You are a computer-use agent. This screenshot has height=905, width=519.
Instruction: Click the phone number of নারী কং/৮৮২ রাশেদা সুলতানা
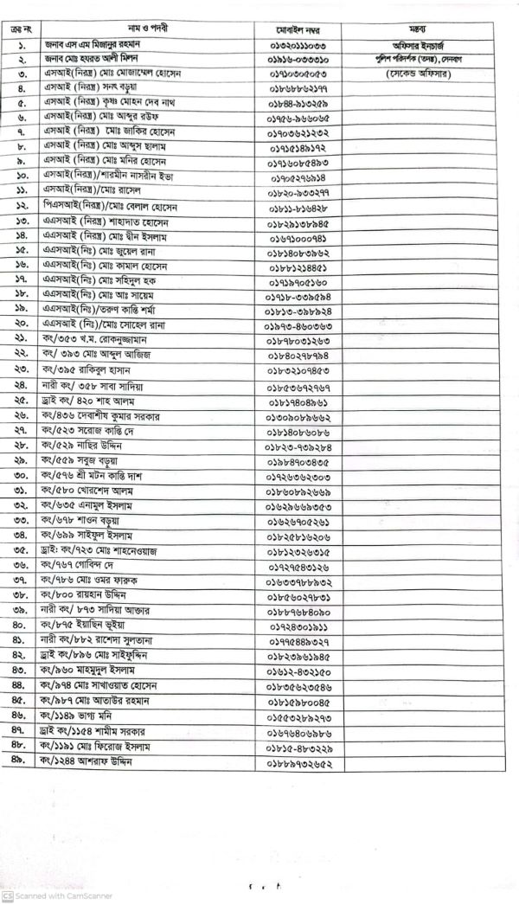(x=298, y=640)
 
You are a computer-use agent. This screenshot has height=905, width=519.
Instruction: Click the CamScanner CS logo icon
(x=7, y=896)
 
